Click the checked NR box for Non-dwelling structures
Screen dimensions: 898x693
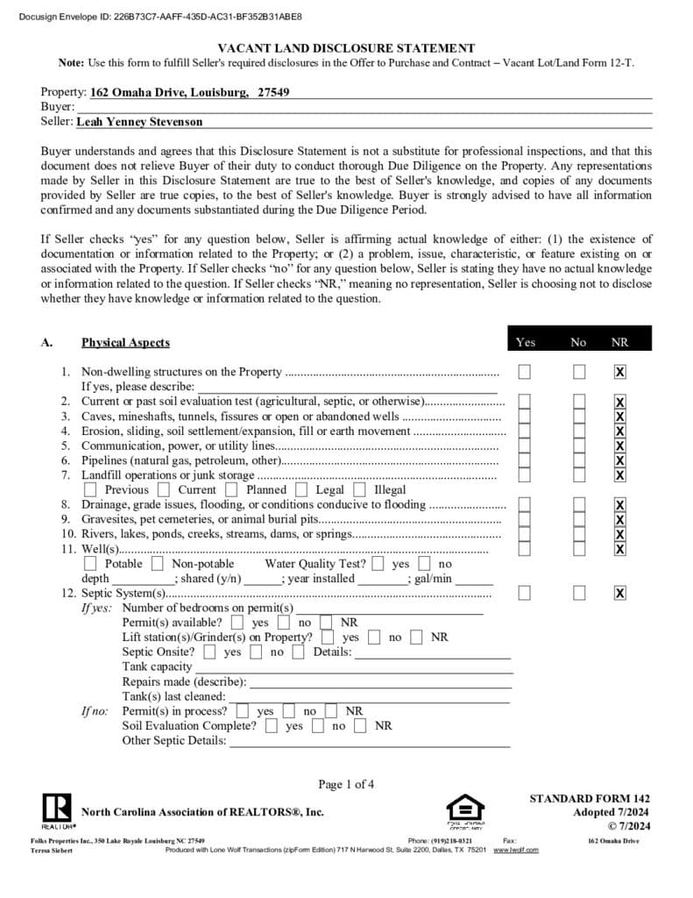[x=620, y=372]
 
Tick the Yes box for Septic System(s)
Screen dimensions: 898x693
[x=525, y=594]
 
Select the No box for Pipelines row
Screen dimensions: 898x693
[x=579, y=460]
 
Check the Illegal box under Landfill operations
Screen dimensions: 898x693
[x=359, y=490]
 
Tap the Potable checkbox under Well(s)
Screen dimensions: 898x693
[x=90, y=564]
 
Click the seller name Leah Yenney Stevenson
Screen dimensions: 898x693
[x=140, y=122]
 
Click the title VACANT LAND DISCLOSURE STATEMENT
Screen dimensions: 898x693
[x=346, y=49]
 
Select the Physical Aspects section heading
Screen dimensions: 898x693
[x=125, y=342]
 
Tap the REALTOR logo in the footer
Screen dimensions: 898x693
[x=57, y=809]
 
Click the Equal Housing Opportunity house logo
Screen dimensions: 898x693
[x=465, y=809]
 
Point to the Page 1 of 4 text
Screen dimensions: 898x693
[x=346, y=784]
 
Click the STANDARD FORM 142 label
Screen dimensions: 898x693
[x=589, y=799]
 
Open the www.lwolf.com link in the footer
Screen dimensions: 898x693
[x=516, y=850]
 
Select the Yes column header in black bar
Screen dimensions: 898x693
[x=526, y=342]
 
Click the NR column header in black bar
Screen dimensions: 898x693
[x=619, y=342]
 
